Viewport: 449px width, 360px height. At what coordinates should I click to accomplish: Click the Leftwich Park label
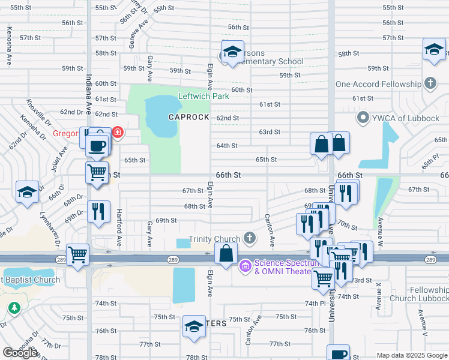coord(203,96)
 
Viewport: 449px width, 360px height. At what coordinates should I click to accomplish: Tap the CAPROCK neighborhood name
coord(188,117)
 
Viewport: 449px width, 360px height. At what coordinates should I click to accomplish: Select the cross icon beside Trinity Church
coord(250,239)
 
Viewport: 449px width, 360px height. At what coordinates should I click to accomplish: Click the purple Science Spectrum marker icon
coord(245,266)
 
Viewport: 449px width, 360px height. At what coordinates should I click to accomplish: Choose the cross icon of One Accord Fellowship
coord(430,84)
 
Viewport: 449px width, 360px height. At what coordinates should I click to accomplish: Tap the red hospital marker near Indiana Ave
coord(118,132)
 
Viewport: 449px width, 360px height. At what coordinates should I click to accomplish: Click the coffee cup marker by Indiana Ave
coord(97,145)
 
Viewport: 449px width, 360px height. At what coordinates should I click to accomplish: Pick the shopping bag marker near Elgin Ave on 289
coord(226,253)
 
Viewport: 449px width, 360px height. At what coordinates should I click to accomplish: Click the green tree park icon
coord(13,308)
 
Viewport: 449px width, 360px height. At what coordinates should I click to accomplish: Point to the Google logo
coord(20,353)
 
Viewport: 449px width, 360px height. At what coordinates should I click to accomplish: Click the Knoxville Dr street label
coord(37,110)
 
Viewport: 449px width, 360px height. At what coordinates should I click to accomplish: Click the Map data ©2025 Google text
coord(411,355)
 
